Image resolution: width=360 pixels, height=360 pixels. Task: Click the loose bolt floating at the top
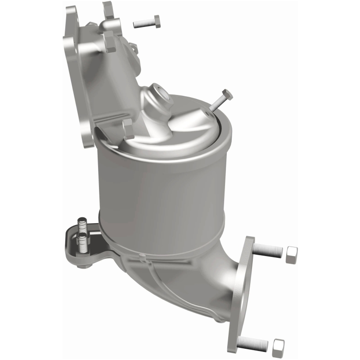click(146, 22)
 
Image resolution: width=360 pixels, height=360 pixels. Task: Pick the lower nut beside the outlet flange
click(279, 345)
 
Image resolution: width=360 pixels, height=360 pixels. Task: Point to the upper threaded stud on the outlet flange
click(268, 251)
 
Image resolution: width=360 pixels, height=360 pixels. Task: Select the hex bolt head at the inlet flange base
click(128, 129)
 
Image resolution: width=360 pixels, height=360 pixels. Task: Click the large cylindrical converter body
click(162, 193)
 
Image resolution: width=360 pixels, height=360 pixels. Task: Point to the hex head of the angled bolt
click(227, 95)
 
